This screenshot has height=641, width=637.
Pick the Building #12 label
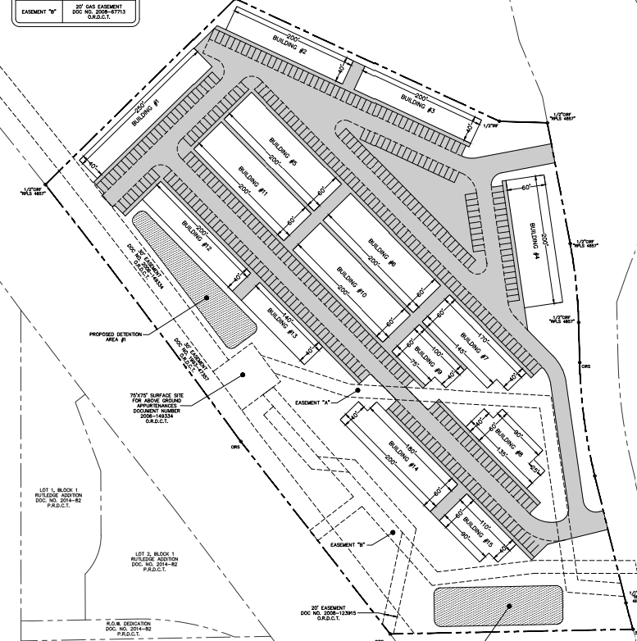point(197,235)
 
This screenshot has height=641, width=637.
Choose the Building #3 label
point(418,104)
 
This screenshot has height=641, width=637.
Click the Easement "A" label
point(313,403)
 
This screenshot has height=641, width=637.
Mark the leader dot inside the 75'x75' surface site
point(243,375)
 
